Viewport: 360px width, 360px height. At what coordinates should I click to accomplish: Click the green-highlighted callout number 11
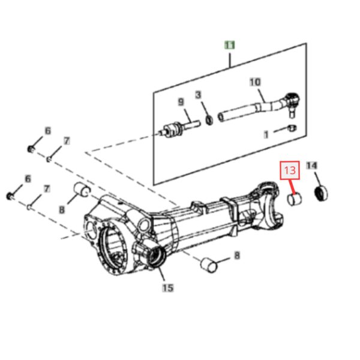tap(230, 45)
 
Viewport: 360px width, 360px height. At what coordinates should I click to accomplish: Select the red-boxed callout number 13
tap(290, 170)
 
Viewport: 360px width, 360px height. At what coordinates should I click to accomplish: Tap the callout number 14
tap(311, 166)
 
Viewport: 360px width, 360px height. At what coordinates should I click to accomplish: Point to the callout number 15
tap(168, 287)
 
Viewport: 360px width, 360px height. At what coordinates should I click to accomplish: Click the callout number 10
tap(255, 82)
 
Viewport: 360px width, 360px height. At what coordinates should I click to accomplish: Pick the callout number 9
tap(181, 102)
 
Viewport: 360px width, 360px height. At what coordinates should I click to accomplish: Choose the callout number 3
tap(198, 95)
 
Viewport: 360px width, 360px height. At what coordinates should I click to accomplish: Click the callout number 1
tap(266, 134)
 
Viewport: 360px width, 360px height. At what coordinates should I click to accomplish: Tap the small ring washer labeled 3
tap(209, 120)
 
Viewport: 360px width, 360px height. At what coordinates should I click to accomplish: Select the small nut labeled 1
tap(292, 128)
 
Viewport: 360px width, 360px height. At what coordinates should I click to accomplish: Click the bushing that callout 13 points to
tap(295, 199)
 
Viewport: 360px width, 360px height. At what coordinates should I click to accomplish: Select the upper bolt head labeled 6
tap(31, 149)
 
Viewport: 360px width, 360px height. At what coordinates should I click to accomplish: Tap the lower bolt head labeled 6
tap(10, 196)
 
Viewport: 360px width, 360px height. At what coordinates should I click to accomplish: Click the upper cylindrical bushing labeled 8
tap(82, 190)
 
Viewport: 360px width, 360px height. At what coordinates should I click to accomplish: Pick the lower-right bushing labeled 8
tap(209, 265)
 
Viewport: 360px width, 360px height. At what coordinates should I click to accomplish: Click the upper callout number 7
tap(67, 141)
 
